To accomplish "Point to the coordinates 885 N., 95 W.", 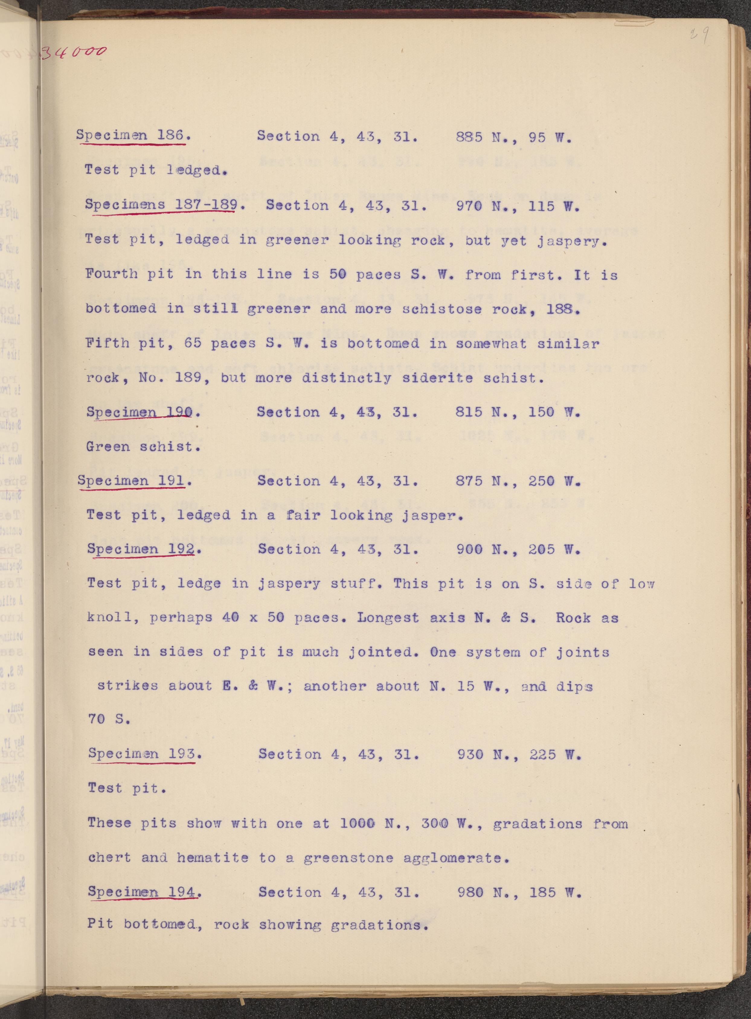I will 513,137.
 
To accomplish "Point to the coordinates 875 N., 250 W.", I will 518,481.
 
